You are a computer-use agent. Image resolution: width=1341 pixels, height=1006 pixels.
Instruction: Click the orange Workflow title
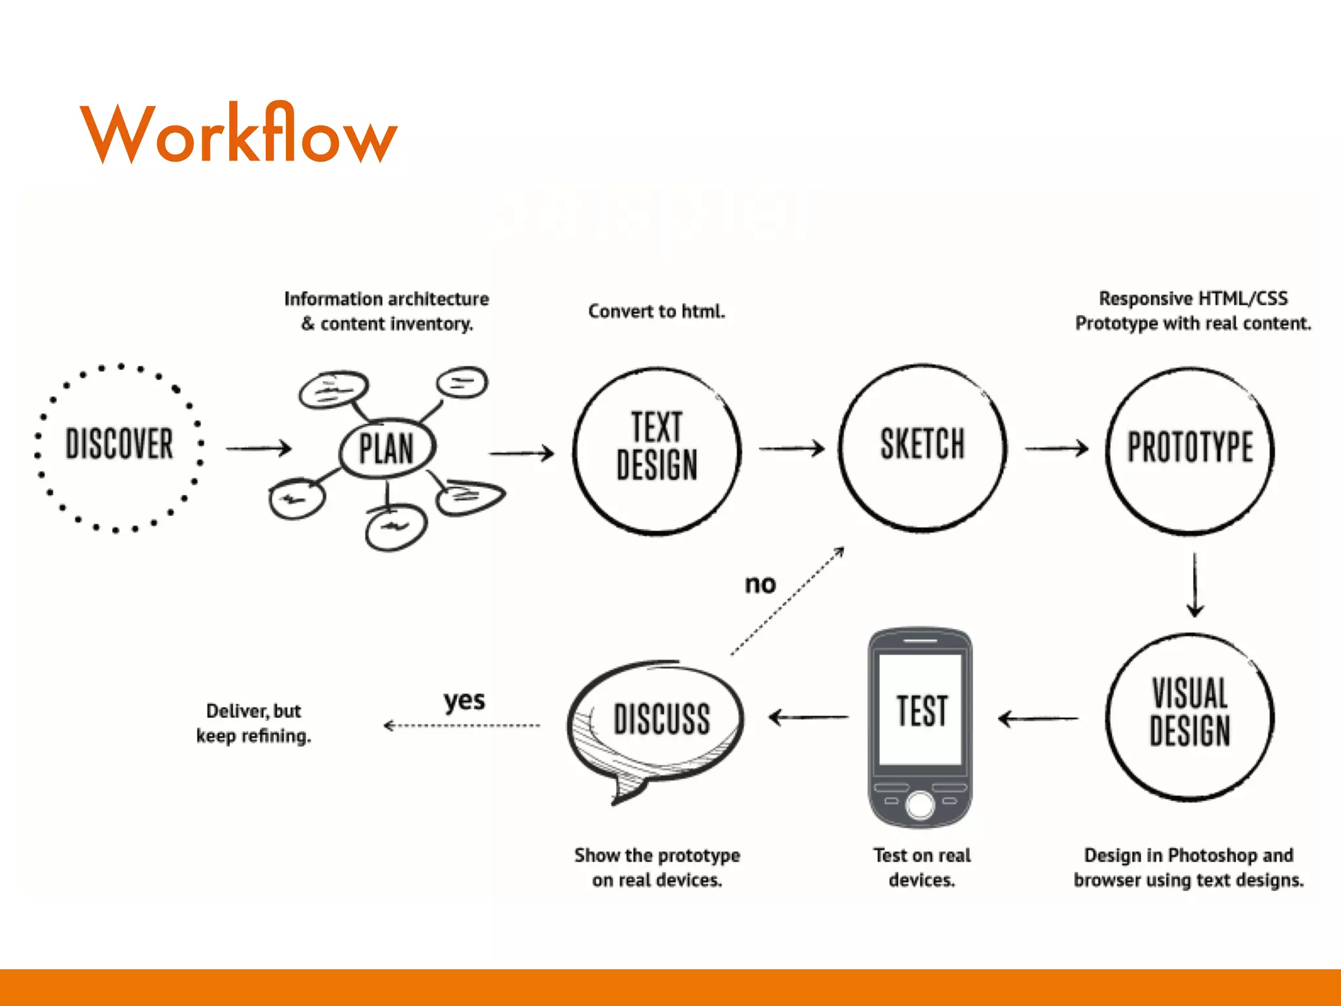pyautogui.click(x=238, y=134)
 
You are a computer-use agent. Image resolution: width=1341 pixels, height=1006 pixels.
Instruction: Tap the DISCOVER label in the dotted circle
pyautogui.click(x=119, y=444)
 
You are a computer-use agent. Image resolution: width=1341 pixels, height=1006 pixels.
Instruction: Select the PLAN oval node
pyautogui.click(x=386, y=449)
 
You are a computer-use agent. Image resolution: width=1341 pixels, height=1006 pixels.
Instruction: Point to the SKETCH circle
pyautogui.click(x=922, y=445)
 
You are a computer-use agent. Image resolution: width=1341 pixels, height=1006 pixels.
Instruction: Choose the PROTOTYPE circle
pyautogui.click(x=1190, y=449)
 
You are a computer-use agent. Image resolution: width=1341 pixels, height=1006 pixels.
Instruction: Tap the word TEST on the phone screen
pyautogui.click(x=921, y=711)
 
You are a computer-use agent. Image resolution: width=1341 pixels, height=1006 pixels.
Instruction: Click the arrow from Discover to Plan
pyautogui.click(x=259, y=449)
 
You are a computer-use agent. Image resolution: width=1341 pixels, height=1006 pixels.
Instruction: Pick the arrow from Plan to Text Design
pyautogui.click(x=522, y=453)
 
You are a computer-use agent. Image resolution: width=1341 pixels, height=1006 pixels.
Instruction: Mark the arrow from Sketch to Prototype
pyautogui.click(x=1056, y=449)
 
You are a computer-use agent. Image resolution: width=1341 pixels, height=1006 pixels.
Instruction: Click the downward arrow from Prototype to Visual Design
pyautogui.click(x=1195, y=584)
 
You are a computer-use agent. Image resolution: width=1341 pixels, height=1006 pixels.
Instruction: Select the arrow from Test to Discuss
pyautogui.click(x=808, y=718)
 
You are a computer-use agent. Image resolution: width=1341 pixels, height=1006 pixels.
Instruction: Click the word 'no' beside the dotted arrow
pyautogui.click(x=760, y=584)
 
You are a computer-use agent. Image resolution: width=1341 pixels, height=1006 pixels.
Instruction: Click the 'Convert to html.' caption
pyautogui.click(x=657, y=311)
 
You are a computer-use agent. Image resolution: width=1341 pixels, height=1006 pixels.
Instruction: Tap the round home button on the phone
pyautogui.click(x=920, y=805)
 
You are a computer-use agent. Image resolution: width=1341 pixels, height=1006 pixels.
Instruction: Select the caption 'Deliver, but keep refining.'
pyautogui.click(x=253, y=723)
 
